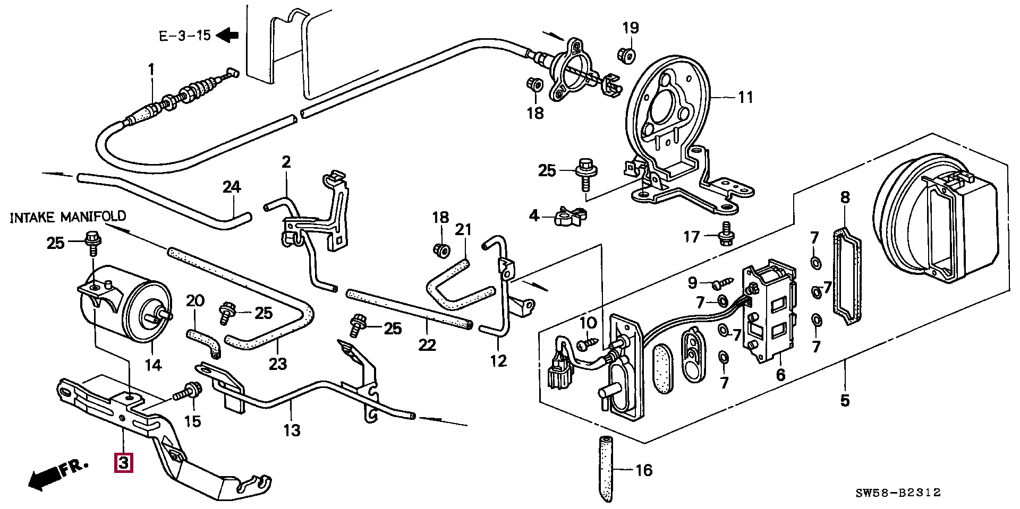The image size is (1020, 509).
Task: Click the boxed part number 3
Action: click(123, 462)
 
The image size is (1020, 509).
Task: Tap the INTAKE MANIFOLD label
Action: click(68, 217)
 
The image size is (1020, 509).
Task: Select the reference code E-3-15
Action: click(185, 36)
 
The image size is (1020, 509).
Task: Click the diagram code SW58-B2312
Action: click(897, 493)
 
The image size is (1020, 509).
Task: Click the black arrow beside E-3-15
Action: click(228, 35)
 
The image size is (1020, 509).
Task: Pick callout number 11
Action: click(745, 97)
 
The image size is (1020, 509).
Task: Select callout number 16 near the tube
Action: click(644, 470)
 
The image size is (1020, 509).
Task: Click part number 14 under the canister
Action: click(153, 365)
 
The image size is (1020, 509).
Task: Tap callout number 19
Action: click(631, 28)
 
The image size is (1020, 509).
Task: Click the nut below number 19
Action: click(627, 54)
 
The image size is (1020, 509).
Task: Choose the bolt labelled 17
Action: click(724, 235)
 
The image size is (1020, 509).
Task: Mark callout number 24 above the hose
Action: click(232, 187)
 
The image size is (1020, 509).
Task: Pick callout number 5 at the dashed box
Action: click(845, 400)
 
